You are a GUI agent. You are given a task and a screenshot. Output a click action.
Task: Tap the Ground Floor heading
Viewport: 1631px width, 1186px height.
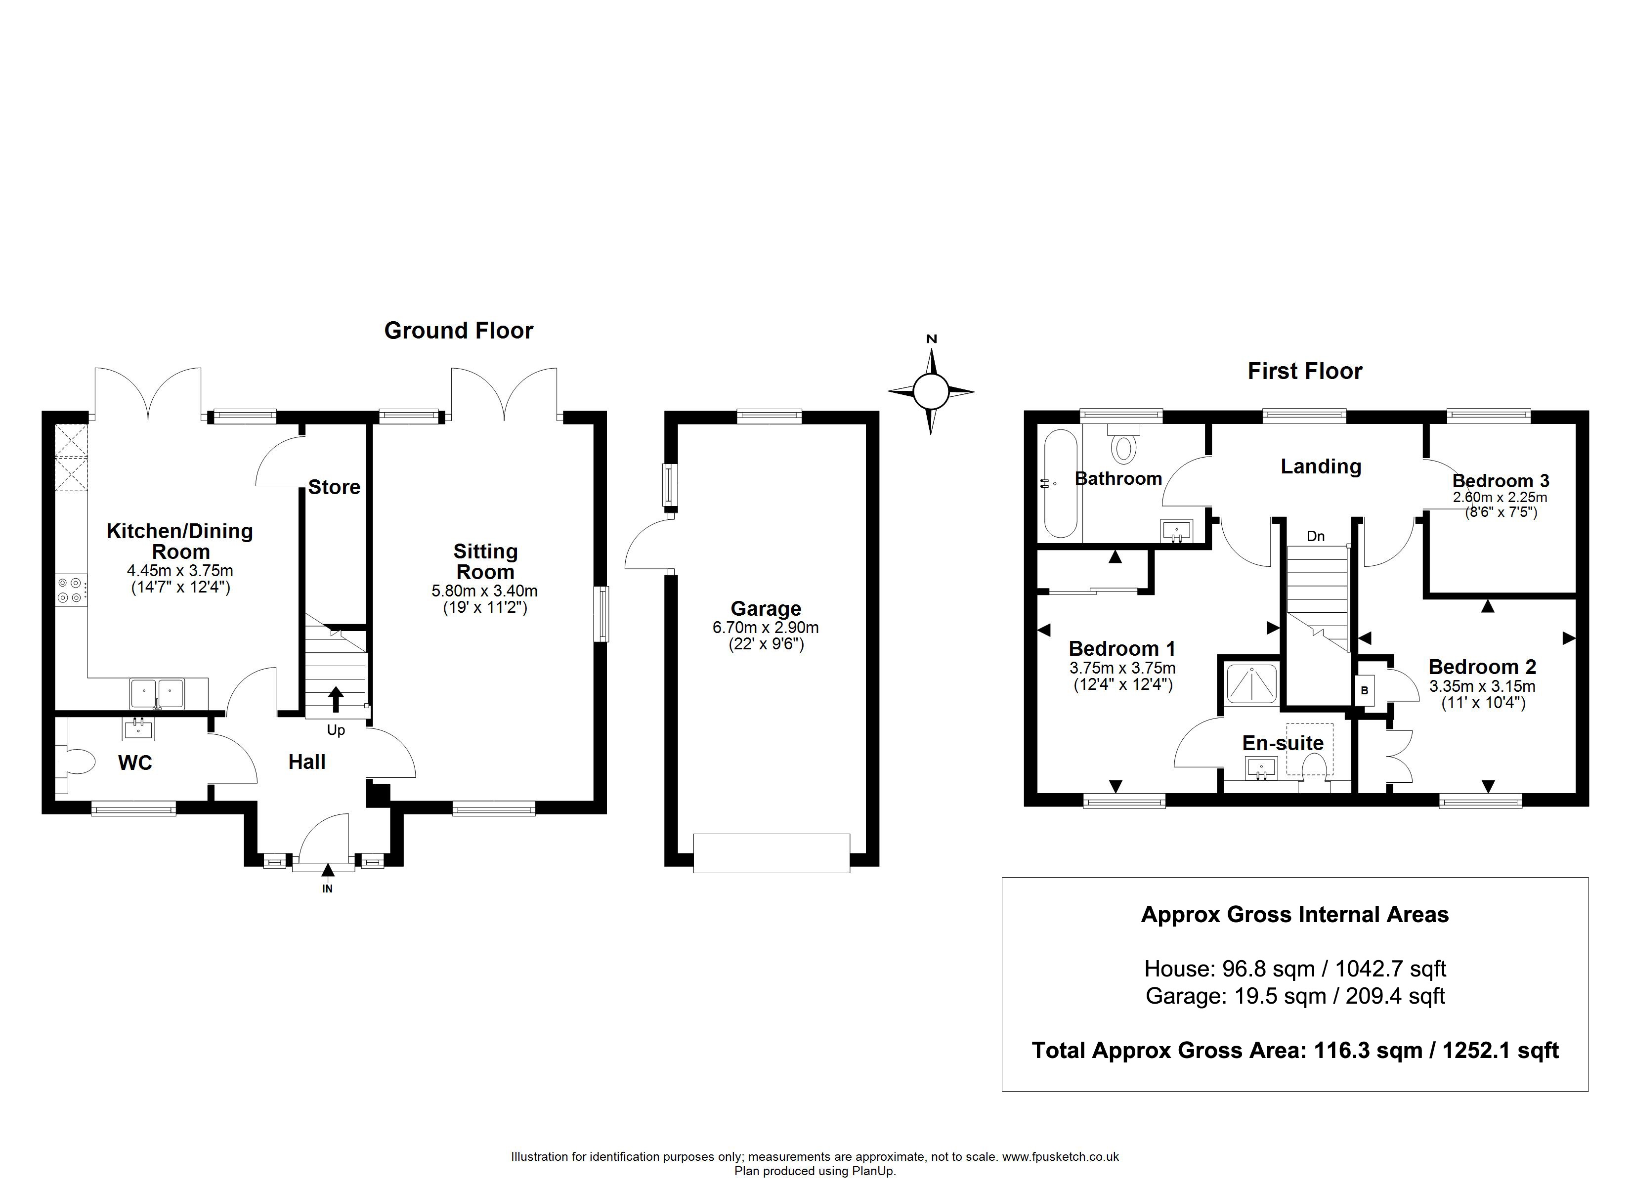(x=459, y=330)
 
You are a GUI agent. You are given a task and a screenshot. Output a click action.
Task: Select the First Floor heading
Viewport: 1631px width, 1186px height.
(x=1304, y=371)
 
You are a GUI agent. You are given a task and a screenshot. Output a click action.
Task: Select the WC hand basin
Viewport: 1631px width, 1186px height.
(x=139, y=730)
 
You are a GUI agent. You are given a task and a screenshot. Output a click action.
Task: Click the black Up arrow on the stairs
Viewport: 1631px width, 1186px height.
(x=336, y=699)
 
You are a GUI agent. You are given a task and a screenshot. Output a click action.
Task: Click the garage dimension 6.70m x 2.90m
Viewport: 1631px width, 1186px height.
(x=766, y=627)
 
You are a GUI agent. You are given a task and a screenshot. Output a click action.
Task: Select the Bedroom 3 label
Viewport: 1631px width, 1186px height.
(x=1501, y=480)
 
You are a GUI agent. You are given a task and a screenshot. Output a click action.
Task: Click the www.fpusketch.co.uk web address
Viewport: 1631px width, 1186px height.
(x=1061, y=1156)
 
